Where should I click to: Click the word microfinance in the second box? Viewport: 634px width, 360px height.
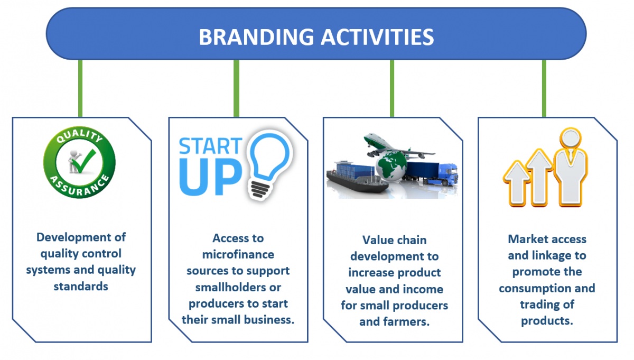238,255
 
